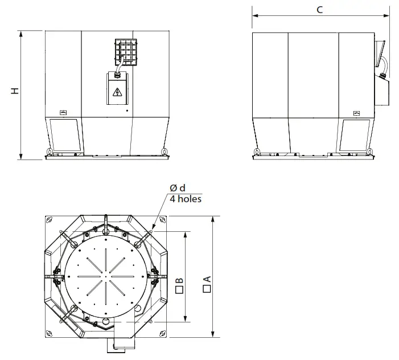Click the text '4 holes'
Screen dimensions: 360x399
186,199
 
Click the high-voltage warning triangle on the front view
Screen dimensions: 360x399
118,92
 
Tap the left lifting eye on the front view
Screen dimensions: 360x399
50,152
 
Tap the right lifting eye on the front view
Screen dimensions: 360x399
164,152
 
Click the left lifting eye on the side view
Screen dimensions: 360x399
257,152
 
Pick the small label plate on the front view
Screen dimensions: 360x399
63,112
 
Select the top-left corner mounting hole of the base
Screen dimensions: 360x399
50,220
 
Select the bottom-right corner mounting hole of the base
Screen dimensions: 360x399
162,333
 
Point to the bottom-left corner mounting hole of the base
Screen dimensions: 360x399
50,333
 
